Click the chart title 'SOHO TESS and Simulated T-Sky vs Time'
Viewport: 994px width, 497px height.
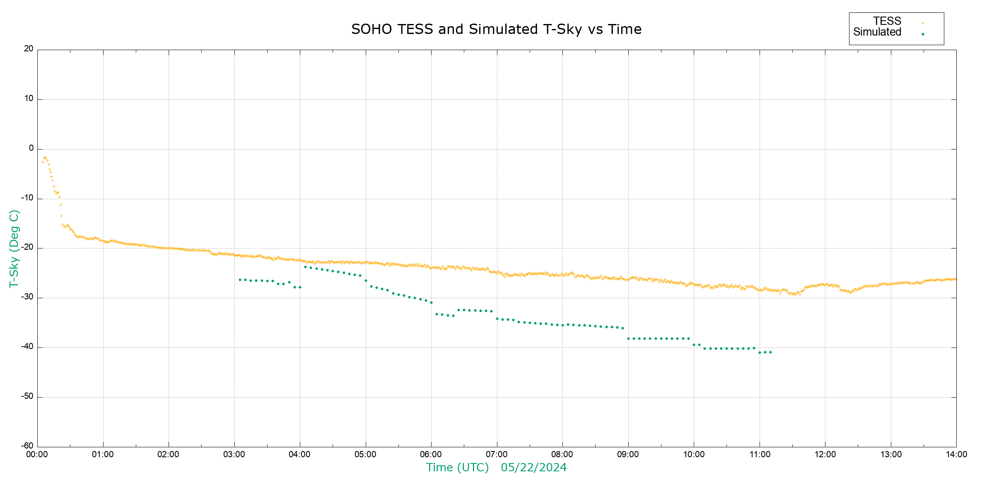click(x=496, y=29)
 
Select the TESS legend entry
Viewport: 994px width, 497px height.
click(x=887, y=21)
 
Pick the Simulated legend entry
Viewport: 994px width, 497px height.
click(x=877, y=32)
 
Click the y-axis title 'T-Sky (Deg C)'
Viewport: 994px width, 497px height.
click(x=14, y=248)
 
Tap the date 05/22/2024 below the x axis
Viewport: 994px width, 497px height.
click(x=533, y=468)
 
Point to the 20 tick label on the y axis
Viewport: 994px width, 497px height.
click(x=29, y=49)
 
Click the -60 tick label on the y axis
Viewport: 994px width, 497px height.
click(x=27, y=446)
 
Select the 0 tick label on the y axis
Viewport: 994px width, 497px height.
click(x=31, y=148)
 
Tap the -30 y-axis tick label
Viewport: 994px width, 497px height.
click(x=27, y=297)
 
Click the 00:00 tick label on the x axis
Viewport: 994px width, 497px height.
click(x=37, y=455)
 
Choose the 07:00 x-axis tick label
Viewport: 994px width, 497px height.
click(x=497, y=455)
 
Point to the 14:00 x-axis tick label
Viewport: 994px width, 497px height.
click(x=956, y=455)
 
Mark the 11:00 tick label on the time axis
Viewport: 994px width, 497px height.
click(x=760, y=455)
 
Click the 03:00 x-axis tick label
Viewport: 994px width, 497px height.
click(x=234, y=455)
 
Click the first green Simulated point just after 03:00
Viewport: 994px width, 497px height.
click(x=240, y=280)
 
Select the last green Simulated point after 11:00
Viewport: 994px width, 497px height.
click(x=770, y=352)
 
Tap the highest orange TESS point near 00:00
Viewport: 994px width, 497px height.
click(x=45, y=157)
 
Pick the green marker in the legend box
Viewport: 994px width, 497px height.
click(x=923, y=34)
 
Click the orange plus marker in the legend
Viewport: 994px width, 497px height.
click(x=923, y=23)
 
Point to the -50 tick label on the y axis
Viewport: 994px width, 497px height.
click(x=27, y=396)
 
